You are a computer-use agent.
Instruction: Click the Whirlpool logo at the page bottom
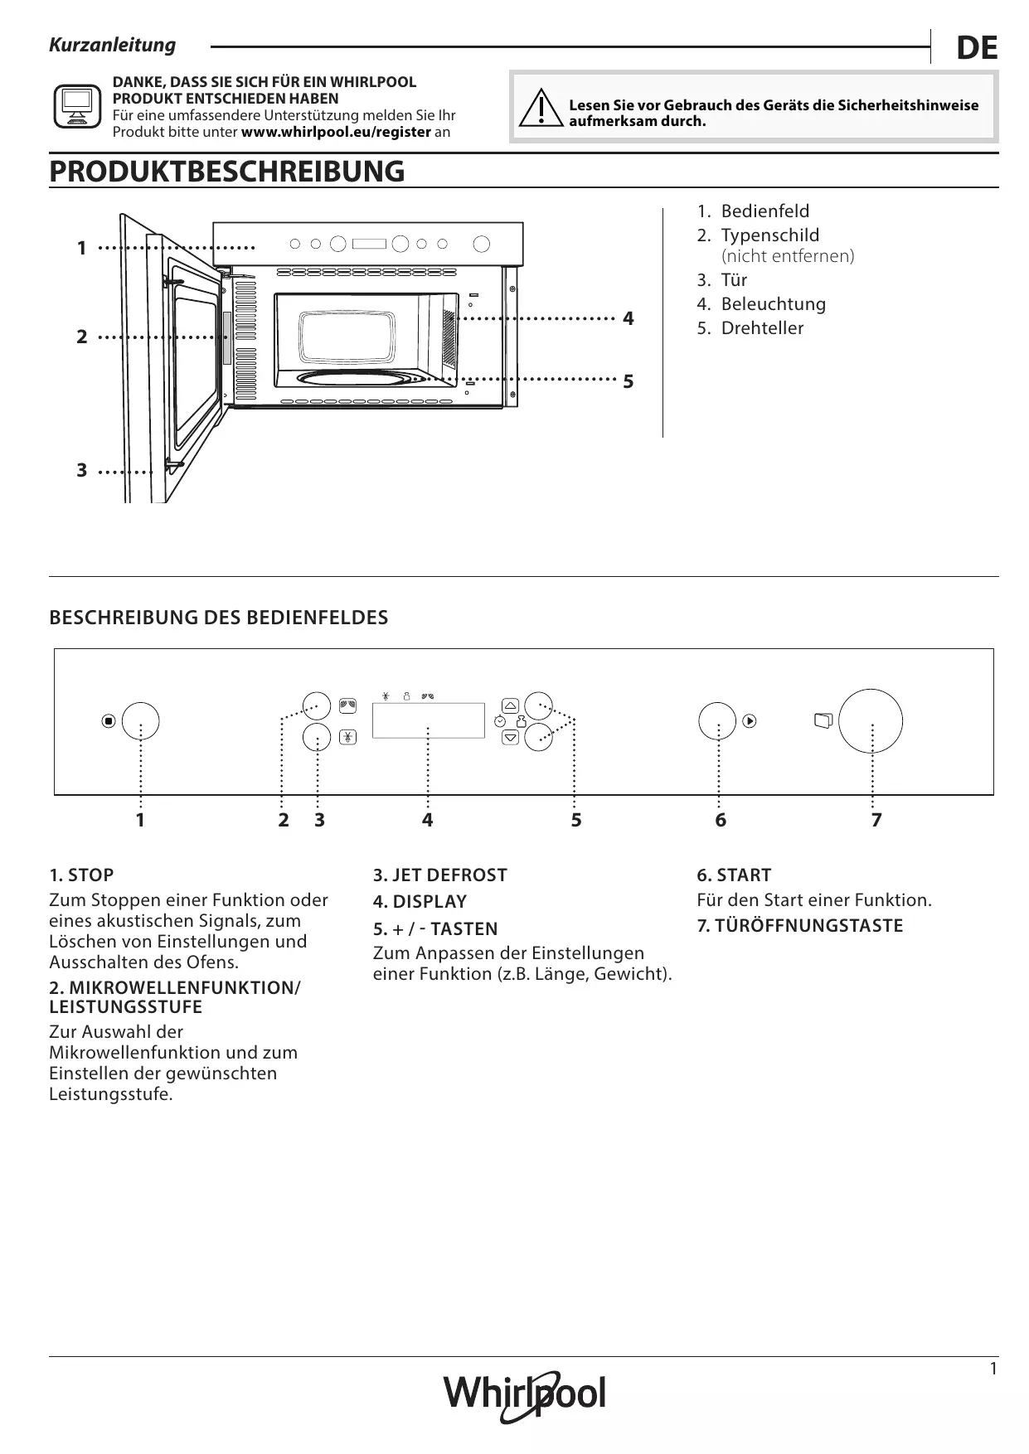pos(524,1395)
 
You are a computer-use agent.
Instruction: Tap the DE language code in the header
pos(976,48)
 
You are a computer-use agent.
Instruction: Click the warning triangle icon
pos(540,109)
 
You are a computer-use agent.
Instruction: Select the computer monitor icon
pos(76,107)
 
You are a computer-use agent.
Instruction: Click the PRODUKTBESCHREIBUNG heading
pos(227,172)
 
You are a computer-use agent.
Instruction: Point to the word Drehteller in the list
pos(762,328)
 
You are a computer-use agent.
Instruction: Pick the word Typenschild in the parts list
pos(769,235)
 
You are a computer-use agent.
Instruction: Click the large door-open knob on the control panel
pos(870,720)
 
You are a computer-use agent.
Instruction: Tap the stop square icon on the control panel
pos(109,721)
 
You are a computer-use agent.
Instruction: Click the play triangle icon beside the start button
pos(750,721)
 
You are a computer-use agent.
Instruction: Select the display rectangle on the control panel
pos(428,720)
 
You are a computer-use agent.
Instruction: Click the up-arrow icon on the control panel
pos(511,705)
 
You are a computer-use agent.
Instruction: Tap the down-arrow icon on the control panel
pos(511,736)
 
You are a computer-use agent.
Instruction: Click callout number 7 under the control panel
pos(876,820)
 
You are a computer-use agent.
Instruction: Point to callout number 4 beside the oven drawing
pos(629,318)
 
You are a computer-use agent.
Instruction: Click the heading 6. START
pos(734,875)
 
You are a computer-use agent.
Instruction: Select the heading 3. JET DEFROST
pos(439,875)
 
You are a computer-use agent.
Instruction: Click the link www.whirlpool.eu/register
pos(336,132)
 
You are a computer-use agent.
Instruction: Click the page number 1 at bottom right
pos(993,1369)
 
